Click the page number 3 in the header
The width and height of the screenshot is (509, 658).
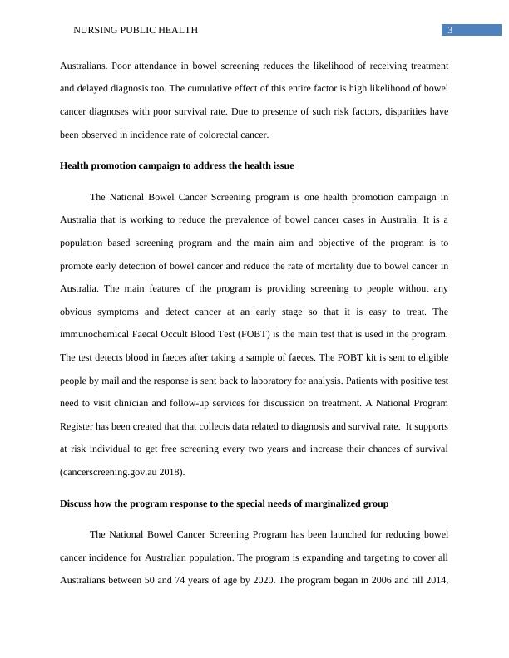(x=449, y=31)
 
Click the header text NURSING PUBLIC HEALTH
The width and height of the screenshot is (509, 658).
(x=136, y=31)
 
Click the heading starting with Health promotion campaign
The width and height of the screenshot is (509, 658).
(x=176, y=165)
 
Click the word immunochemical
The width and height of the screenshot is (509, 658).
(x=101, y=335)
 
